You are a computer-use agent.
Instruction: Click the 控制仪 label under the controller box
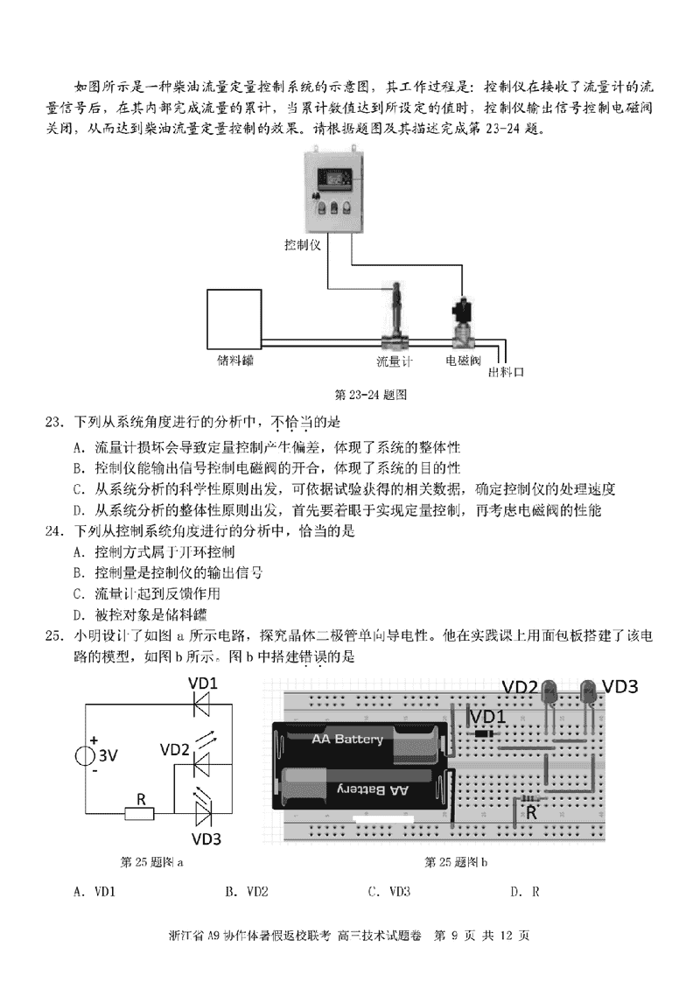click(303, 244)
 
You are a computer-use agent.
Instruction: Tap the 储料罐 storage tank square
click(234, 318)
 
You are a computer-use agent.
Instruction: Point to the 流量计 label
click(395, 360)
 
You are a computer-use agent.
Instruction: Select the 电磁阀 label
click(463, 360)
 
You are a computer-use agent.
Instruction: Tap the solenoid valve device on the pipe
click(460, 325)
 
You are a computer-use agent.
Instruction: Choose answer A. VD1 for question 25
click(96, 892)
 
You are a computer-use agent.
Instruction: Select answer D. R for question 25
click(524, 892)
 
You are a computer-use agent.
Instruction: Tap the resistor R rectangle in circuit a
click(139, 814)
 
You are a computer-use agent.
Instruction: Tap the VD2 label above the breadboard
click(519, 687)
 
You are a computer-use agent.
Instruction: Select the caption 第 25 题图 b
click(455, 862)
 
